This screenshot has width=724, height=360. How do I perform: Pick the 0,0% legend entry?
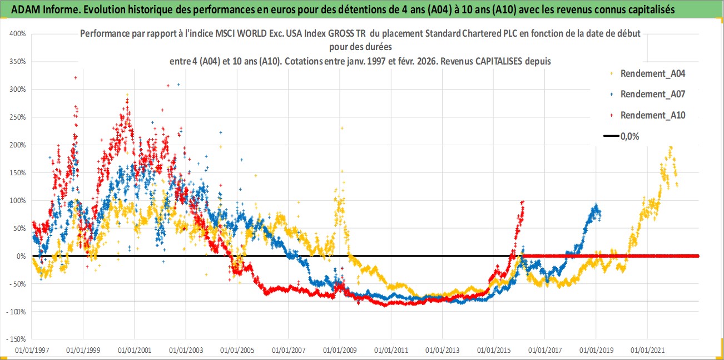[629, 136]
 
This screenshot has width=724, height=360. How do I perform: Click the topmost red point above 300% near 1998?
[75, 78]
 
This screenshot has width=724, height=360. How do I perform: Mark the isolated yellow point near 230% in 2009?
[342, 128]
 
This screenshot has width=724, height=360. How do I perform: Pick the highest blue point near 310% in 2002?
[178, 85]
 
